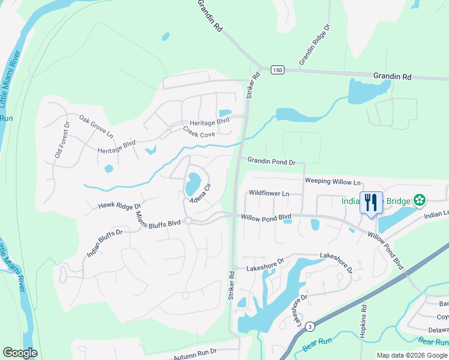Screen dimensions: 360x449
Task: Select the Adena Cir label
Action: click(201, 193)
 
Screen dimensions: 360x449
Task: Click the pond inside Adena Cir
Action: click(193, 182)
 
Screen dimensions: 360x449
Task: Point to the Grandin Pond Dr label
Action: click(272, 162)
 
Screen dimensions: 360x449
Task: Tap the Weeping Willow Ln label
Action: click(333, 181)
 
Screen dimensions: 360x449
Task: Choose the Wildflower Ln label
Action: click(269, 194)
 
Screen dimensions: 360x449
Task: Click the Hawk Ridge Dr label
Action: click(119, 206)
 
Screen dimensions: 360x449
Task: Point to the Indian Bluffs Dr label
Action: click(104, 242)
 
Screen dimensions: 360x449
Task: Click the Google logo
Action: click(20, 353)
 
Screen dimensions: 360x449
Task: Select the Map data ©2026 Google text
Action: click(412, 355)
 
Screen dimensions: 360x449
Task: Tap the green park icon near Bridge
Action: click(420, 199)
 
